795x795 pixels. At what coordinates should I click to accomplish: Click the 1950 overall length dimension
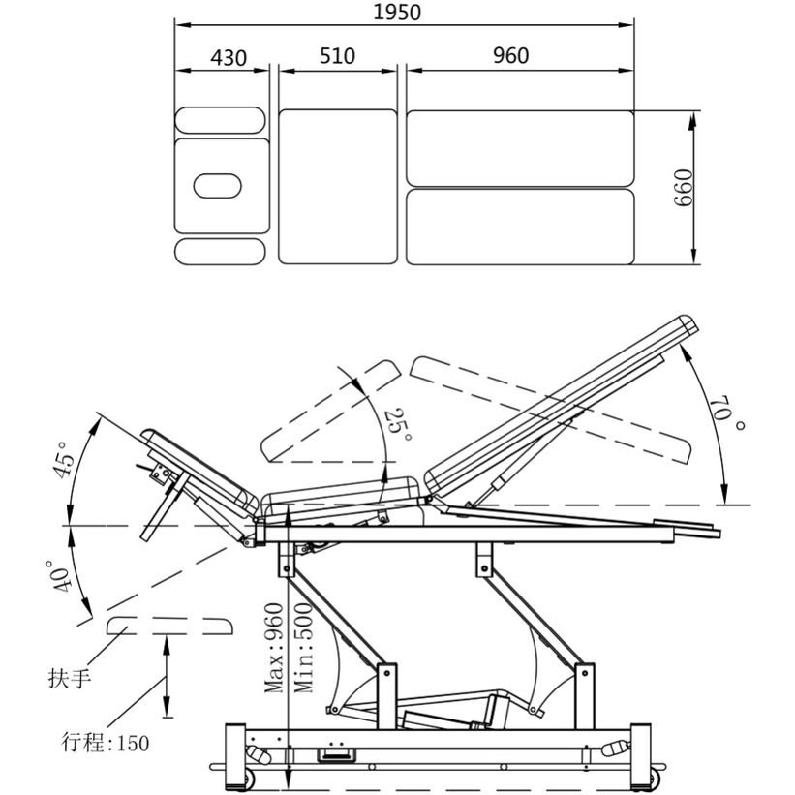[x=397, y=13]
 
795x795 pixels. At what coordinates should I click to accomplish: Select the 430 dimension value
[x=229, y=58]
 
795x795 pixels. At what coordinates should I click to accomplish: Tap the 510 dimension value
[x=337, y=56]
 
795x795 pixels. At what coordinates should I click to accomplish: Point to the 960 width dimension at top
[x=511, y=55]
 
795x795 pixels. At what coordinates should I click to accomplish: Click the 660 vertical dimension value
[x=684, y=188]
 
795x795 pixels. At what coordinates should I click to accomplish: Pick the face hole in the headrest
[x=218, y=186]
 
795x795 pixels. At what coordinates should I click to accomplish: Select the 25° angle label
[x=399, y=424]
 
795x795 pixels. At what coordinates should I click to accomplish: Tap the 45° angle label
[x=64, y=459]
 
